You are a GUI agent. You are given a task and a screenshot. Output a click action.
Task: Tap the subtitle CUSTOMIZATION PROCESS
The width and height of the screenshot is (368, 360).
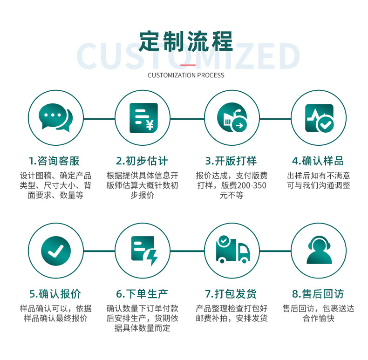[x=186, y=75]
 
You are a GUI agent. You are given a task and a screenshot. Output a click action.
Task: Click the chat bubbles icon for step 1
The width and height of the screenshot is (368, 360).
[x=55, y=118]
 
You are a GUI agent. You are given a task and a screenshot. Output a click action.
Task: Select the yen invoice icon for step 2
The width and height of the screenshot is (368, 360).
[x=143, y=118]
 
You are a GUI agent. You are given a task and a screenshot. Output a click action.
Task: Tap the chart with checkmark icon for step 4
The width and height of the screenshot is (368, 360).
[x=319, y=118]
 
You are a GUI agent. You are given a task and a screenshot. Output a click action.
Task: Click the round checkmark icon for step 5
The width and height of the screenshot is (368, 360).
[x=55, y=251]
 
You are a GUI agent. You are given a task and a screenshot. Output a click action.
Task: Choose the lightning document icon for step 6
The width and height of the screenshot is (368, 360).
[x=143, y=251]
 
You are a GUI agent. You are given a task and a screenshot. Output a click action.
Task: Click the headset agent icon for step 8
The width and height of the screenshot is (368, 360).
[x=319, y=251]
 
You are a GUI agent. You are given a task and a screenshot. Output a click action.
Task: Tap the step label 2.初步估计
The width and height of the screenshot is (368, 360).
[x=142, y=161]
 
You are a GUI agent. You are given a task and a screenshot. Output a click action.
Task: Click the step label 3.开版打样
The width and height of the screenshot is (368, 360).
[x=231, y=161]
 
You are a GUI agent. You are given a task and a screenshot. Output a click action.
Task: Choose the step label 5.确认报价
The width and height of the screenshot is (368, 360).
[x=55, y=294]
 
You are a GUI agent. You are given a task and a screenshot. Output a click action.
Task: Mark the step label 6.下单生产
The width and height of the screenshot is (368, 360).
[x=142, y=294]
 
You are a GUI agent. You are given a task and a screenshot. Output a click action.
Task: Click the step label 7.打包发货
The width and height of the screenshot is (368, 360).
[x=231, y=294]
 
